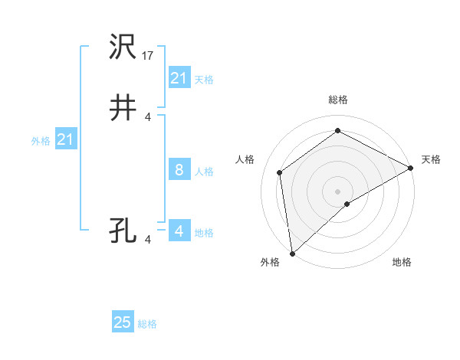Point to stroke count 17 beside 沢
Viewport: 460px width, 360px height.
point(149,55)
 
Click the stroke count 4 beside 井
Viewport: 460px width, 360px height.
point(148,116)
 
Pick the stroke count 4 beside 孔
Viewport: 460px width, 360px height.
point(148,239)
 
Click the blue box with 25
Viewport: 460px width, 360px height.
point(123,322)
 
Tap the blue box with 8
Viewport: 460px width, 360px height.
point(179,170)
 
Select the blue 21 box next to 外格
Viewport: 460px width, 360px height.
point(66,139)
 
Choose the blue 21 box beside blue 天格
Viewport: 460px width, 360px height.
point(179,78)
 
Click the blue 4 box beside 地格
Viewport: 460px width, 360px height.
point(179,231)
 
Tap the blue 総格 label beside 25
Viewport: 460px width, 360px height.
point(147,324)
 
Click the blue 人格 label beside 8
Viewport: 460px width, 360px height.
point(204,172)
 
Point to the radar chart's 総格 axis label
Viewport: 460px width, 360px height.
point(337,100)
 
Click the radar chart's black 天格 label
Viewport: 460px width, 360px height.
point(431,159)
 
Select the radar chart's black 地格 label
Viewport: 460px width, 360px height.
point(402,263)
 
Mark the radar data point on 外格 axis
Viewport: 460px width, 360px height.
point(292,253)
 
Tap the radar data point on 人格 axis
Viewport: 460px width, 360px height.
point(280,172)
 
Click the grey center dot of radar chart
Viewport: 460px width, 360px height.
point(337,191)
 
